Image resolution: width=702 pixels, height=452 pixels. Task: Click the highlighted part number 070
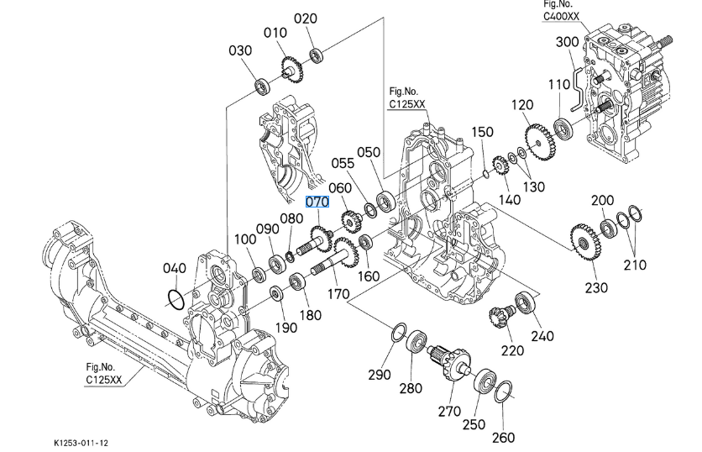pos(317,202)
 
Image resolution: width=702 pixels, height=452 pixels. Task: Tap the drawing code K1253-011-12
pos(81,443)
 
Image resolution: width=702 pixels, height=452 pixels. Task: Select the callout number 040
pos(174,268)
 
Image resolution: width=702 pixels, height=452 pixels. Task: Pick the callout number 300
pos(567,42)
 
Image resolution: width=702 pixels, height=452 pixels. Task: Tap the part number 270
pos(448,411)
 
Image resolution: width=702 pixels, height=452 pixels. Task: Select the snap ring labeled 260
pos(503,392)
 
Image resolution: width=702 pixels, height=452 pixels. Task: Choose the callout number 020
pos(306,18)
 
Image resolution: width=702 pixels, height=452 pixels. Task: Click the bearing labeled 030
pos(264,84)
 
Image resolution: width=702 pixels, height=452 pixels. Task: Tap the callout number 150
pos(482,132)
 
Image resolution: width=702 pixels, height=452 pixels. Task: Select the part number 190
pos(286,327)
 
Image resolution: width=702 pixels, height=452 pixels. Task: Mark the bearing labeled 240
pos(526,302)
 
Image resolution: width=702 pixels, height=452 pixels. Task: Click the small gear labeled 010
pos(292,67)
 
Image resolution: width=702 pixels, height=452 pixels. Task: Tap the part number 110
pos(559,85)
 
